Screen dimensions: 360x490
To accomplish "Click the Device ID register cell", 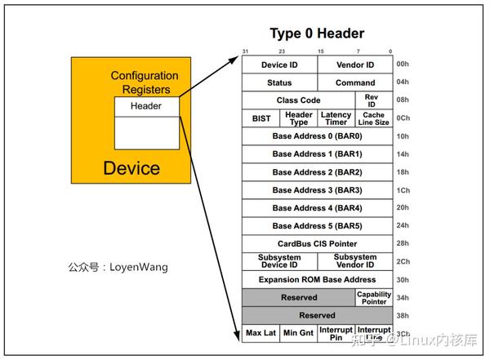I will click(279, 64).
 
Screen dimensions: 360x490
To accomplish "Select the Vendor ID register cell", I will click(354, 64).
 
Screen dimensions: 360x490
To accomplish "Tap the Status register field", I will click(279, 82).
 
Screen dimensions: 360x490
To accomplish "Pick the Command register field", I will click(354, 82).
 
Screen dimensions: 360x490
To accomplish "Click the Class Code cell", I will click(298, 100).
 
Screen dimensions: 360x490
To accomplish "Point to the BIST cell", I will click(261, 118).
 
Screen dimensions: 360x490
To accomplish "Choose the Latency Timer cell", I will click(336, 118).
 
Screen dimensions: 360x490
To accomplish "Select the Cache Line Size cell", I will click(373, 118).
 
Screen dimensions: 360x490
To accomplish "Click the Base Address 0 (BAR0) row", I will click(317, 136).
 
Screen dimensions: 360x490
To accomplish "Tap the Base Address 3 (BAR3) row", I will click(317, 190).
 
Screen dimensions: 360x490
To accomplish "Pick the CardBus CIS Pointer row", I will click(317, 243).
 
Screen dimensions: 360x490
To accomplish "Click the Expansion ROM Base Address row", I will click(317, 279).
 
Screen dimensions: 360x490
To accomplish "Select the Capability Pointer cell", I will click(373, 298).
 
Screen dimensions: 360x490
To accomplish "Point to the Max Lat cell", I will click(261, 334).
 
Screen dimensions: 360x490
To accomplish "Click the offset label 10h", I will click(403, 136).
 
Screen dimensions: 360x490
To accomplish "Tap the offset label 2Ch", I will click(403, 262).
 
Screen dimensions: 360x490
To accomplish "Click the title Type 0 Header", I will click(317, 33).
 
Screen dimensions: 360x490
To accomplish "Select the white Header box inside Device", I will click(146, 106).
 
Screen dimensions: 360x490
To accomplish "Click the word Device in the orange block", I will click(131, 169).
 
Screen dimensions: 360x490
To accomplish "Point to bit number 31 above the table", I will click(244, 51).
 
